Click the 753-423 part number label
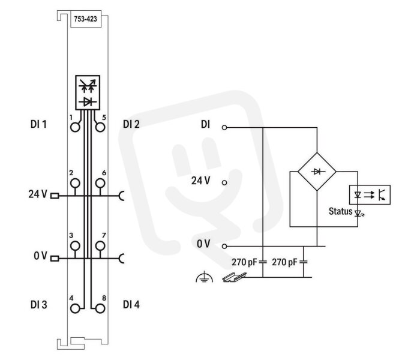point(86,19)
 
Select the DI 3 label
point(39,305)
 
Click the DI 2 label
point(131,124)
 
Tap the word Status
point(340,212)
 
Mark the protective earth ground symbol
point(204,277)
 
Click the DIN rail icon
point(234,278)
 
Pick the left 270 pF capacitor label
point(244,263)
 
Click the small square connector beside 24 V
point(55,196)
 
